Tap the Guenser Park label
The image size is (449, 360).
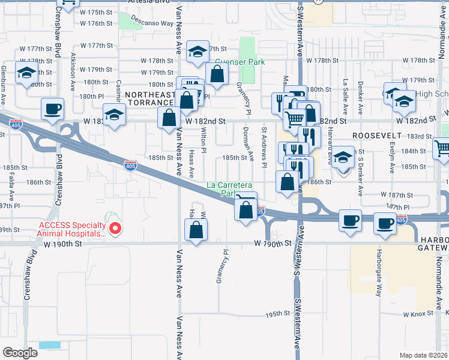point(240,62)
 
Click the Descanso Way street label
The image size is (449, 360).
point(155,23)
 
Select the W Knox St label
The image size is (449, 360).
point(418,314)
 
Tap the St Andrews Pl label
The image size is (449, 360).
point(264,147)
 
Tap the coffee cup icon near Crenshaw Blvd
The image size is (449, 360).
point(52,109)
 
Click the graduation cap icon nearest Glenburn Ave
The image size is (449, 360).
point(26,74)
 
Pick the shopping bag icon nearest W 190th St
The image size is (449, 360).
point(196,229)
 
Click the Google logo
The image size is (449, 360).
point(20,353)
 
